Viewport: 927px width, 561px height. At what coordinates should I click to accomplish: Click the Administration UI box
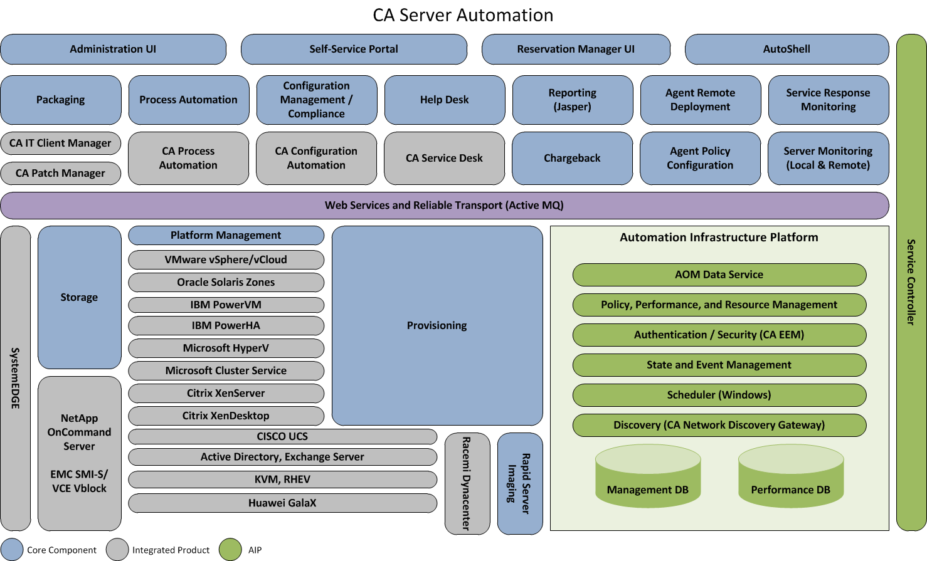click(113, 49)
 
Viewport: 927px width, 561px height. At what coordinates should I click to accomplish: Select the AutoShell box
click(787, 49)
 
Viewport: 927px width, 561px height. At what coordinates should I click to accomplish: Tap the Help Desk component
click(444, 100)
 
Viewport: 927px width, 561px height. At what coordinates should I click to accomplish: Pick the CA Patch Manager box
click(60, 173)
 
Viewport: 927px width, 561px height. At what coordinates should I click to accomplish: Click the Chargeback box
click(572, 158)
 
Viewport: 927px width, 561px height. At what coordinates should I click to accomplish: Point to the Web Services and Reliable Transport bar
click(444, 205)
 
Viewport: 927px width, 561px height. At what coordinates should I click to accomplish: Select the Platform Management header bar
click(226, 235)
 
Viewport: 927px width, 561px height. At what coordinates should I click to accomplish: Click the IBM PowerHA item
click(226, 325)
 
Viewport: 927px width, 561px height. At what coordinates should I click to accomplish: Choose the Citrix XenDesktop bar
click(226, 416)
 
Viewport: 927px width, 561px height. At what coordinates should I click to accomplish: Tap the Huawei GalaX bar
click(282, 503)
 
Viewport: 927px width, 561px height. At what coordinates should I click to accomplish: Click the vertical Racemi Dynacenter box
click(467, 483)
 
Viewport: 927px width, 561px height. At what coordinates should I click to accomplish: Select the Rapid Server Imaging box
click(519, 483)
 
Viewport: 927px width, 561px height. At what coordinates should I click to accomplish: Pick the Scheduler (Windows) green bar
click(719, 395)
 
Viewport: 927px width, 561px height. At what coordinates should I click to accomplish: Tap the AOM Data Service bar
click(719, 275)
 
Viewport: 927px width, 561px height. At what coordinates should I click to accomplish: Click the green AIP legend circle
click(230, 550)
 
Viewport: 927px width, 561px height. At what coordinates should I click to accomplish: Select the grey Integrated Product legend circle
click(117, 550)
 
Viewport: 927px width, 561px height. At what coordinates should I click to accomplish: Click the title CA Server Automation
click(463, 15)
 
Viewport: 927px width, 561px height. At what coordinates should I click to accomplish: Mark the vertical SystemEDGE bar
click(16, 378)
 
